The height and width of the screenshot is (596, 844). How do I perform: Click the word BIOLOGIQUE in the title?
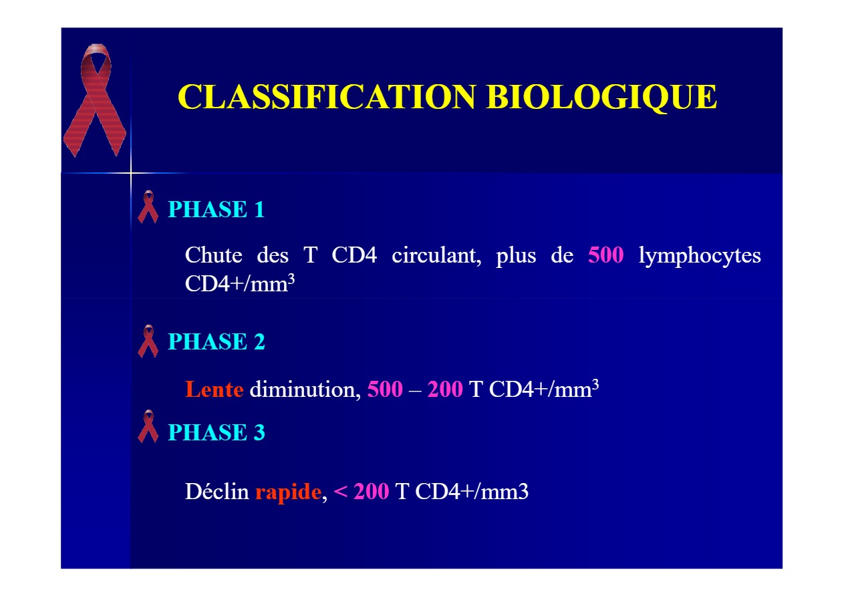tap(601, 98)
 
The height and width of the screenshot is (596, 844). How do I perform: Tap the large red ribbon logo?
tap(95, 100)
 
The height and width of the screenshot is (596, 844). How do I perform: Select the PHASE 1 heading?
tap(217, 209)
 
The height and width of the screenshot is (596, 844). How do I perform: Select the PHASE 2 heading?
tap(217, 341)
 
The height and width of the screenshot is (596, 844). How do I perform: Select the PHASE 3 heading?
tap(217, 432)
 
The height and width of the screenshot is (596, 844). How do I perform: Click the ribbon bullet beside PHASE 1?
tap(148, 207)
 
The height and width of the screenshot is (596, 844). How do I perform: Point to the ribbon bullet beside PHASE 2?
tap(148, 341)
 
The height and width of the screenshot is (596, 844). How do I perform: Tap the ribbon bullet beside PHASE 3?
tap(148, 426)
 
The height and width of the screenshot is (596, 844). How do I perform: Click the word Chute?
tap(214, 255)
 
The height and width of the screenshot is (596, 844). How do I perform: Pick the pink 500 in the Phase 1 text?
tap(606, 255)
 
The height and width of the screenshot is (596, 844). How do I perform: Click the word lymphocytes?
tap(700, 257)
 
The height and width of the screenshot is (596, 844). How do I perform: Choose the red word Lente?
tap(214, 389)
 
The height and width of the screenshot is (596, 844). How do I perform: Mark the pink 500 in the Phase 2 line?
tap(385, 389)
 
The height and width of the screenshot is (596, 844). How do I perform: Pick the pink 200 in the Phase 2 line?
tap(445, 389)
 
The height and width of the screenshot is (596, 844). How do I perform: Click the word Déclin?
tap(217, 491)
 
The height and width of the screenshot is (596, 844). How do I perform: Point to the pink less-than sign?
tap(340, 491)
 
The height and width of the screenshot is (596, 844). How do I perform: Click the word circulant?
tap(436, 256)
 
